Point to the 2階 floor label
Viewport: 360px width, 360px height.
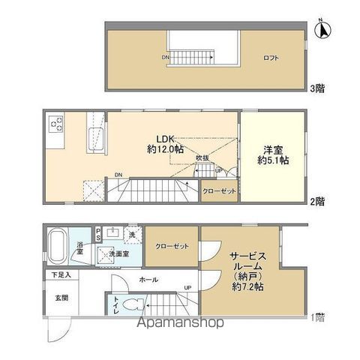[317, 201]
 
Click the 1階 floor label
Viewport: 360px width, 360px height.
[317, 316]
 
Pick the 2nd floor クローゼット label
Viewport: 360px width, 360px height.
[218, 191]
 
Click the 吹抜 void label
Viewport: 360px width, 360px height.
[202, 159]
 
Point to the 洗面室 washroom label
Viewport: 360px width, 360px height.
[118, 254]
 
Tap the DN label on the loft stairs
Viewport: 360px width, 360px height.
[165, 57]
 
